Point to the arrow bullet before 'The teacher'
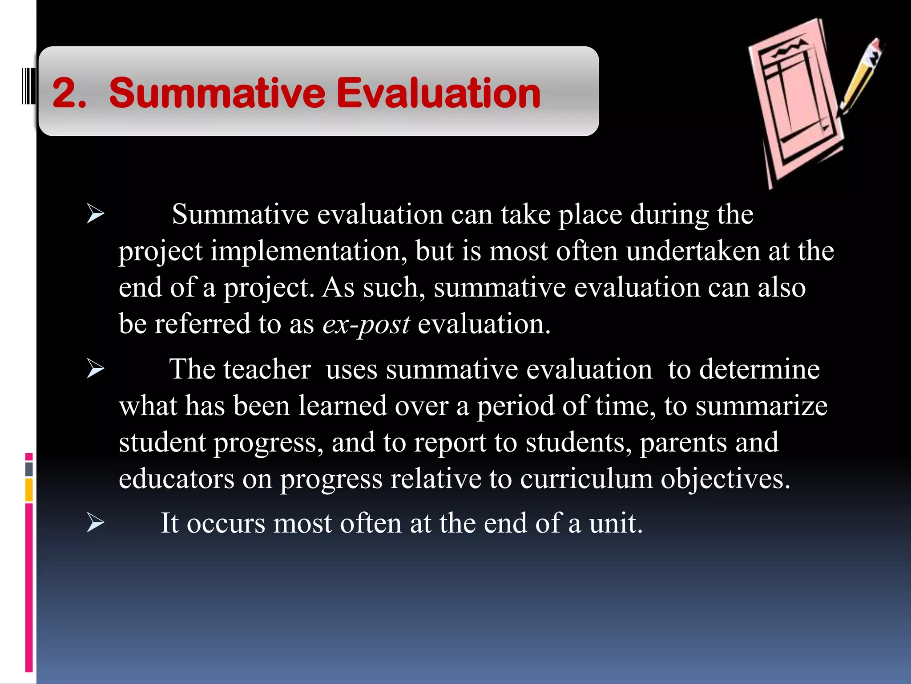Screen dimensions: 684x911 [95, 369]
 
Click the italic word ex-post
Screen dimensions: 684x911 [366, 324]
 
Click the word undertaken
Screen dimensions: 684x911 [693, 251]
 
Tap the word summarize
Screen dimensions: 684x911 [761, 406]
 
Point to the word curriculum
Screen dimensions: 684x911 [586, 479]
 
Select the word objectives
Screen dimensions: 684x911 [725, 479]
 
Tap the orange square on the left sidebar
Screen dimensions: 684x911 [29, 490]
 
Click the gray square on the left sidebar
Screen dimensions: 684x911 [29, 469]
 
